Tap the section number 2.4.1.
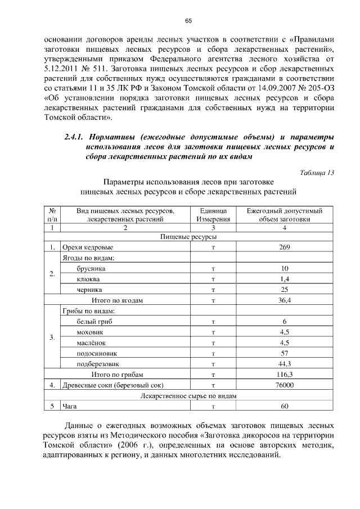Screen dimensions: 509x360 [74, 137]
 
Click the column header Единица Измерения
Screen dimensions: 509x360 [213, 215]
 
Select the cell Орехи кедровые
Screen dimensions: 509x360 [88, 247]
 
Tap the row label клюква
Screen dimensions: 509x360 [89, 279]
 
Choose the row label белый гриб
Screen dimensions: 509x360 [94, 321]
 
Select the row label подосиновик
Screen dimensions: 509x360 [97, 353]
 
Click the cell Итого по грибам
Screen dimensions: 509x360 [117, 375]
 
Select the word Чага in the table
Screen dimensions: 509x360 [70, 406]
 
